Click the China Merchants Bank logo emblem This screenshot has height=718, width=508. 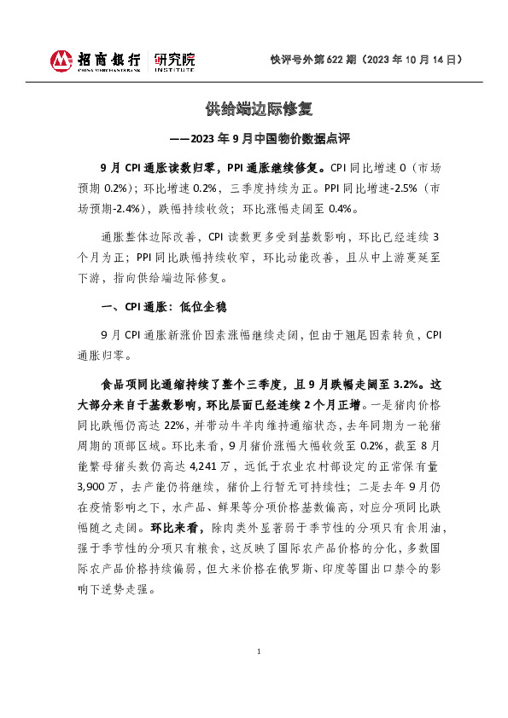[x=61, y=61]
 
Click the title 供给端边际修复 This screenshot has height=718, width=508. [x=254, y=109]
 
